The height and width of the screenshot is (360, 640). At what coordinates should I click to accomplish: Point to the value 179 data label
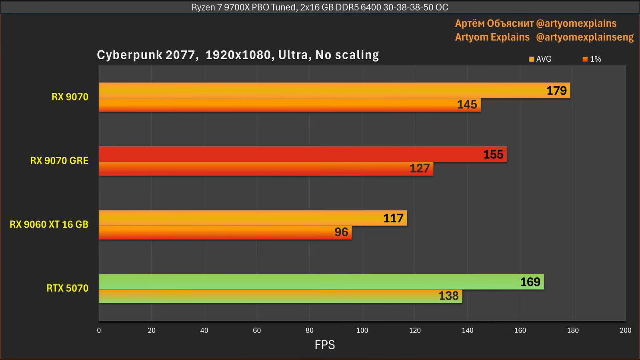556,91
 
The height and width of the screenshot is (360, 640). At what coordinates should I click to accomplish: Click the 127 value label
419,168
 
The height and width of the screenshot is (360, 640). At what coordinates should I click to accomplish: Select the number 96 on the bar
341,232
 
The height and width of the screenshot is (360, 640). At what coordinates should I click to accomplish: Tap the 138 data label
448,296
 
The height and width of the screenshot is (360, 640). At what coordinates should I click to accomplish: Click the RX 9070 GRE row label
59,161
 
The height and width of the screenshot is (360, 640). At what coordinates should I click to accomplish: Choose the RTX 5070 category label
67,288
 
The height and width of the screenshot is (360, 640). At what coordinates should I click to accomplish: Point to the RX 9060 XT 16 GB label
49,224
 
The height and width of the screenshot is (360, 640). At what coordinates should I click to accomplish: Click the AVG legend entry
540,59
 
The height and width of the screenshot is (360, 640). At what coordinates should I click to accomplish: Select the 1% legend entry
592,59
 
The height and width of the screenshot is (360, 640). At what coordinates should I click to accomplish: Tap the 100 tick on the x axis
362,330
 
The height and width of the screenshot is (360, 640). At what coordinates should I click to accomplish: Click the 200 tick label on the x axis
625,330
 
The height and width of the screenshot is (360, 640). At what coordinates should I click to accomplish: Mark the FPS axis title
324,345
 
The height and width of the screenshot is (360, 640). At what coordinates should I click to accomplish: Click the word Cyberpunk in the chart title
130,55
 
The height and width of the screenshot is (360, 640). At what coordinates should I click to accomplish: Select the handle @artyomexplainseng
584,37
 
